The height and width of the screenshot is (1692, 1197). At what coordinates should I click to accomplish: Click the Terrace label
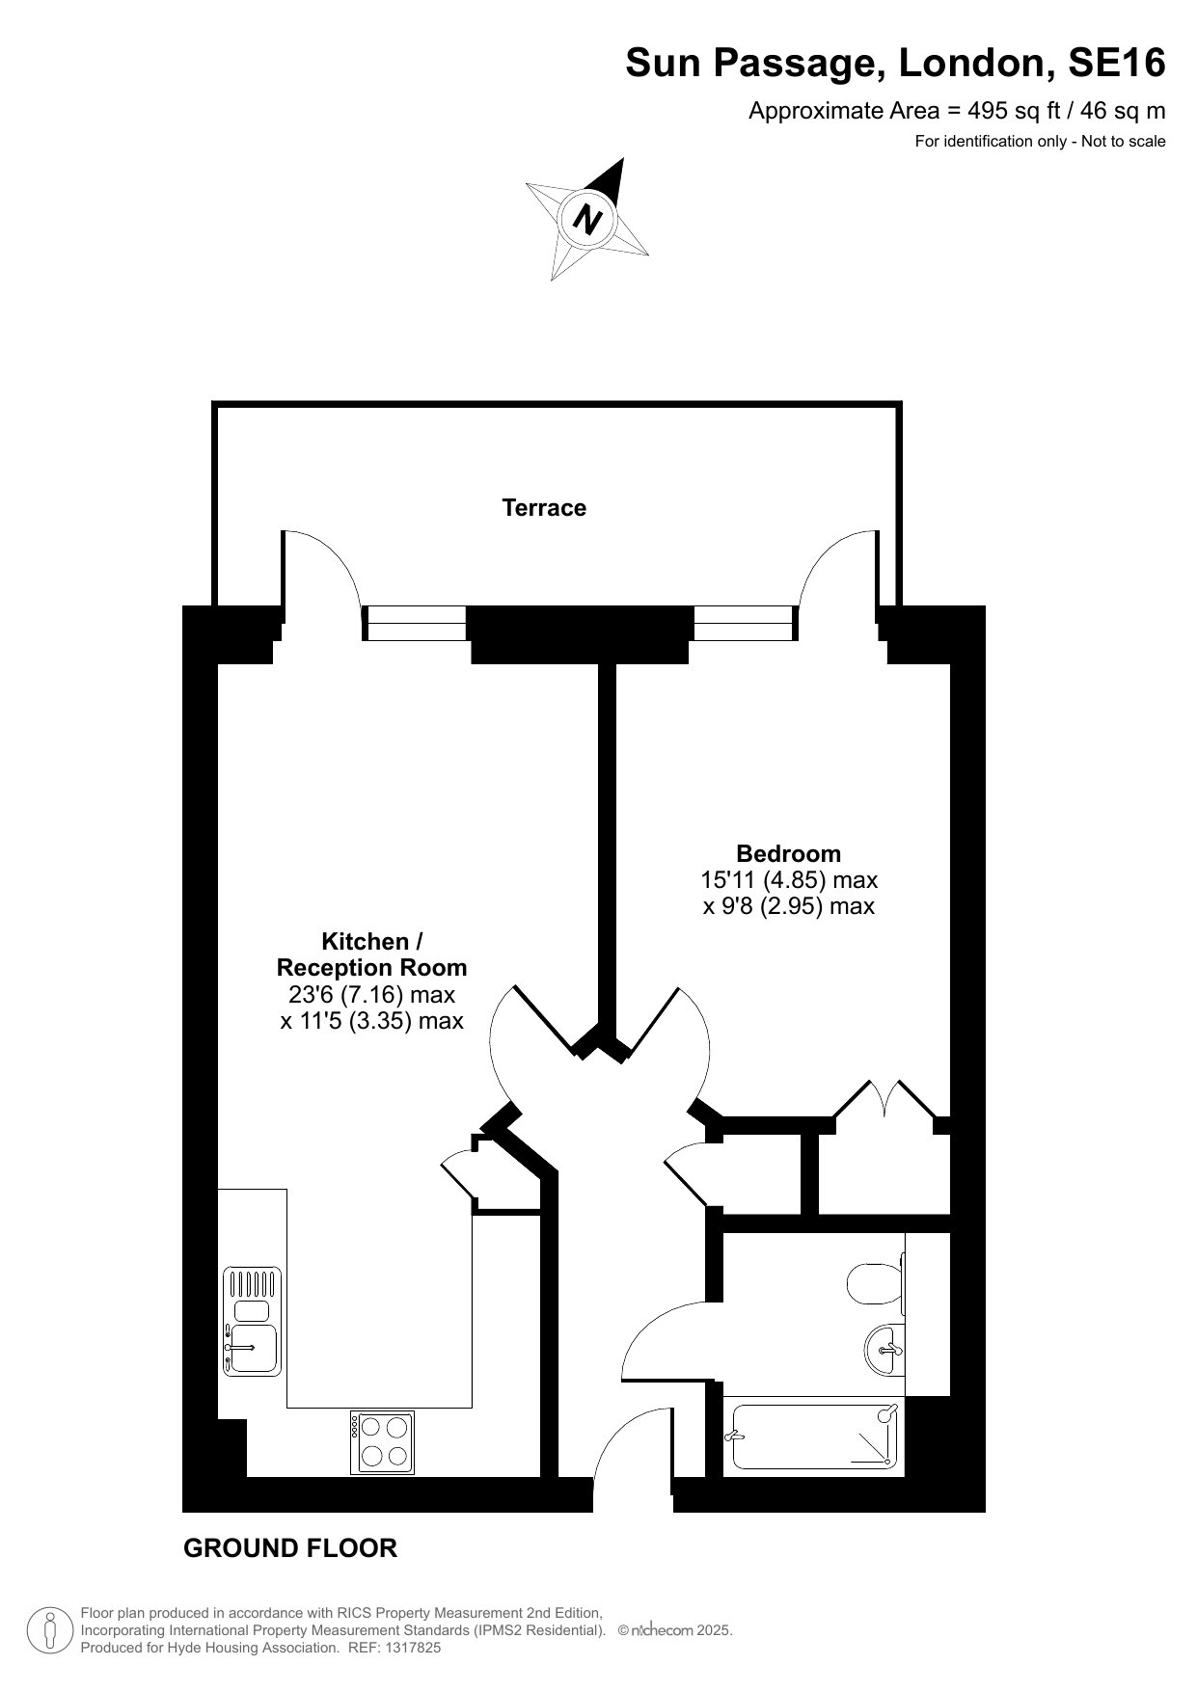[x=544, y=508]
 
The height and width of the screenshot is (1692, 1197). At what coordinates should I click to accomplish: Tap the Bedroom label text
[x=788, y=853]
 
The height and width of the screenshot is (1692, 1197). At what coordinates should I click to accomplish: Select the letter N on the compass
[x=587, y=219]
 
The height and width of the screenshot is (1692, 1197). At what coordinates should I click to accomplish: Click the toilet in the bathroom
[x=875, y=1283]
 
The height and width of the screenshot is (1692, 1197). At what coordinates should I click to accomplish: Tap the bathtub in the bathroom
[x=816, y=1437]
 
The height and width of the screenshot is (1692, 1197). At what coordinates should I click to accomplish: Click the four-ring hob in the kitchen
[x=382, y=1442]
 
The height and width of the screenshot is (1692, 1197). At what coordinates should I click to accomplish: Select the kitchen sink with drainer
[x=252, y=1321]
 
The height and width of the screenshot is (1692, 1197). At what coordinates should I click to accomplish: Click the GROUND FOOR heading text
[x=290, y=1549]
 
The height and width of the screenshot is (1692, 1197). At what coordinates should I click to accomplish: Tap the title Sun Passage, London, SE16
[x=895, y=64]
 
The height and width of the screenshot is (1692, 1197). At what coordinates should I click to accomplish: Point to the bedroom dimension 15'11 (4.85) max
[x=789, y=880]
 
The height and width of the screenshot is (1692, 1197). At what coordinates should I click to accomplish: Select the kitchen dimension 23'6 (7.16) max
[x=372, y=994]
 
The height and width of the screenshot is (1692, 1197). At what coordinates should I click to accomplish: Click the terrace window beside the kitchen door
[x=415, y=623]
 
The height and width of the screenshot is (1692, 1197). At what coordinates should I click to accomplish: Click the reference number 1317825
[x=411, y=1648]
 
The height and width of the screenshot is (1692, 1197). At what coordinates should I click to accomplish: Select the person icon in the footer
[x=49, y=1630]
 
